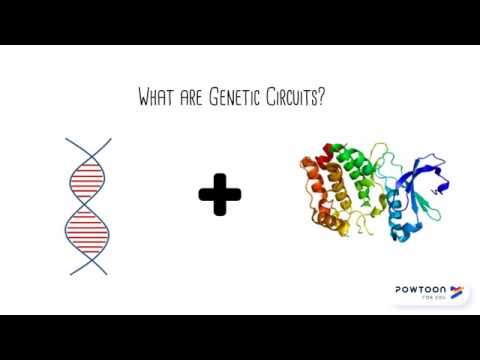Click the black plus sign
click(x=220, y=194)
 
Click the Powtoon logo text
click(x=420, y=289)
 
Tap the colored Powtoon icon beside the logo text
click(x=457, y=291)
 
